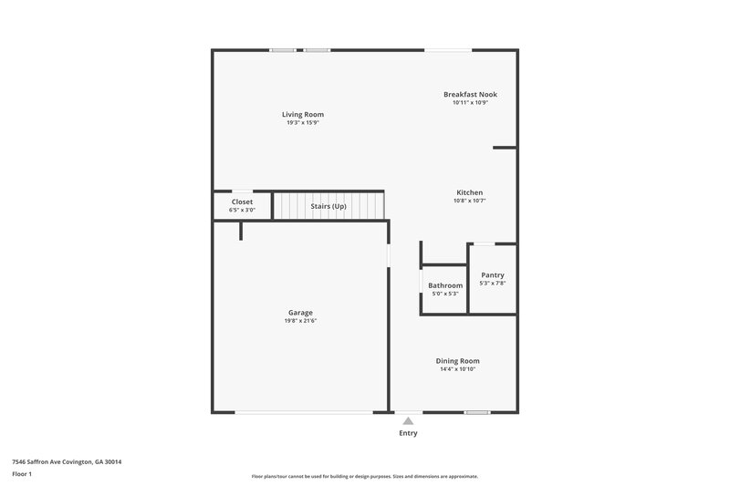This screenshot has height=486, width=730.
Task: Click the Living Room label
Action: click(x=302, y=114)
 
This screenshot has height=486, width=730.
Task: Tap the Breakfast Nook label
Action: click(x=470, y=94)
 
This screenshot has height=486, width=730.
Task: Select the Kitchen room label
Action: click(x=469, y=192)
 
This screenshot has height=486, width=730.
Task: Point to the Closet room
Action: click(x=242, y=205)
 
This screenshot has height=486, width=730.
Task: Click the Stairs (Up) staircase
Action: click(x=328, y=206)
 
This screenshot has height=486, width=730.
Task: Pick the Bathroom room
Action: click(x=444, y=288)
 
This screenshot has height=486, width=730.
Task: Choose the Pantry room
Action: click(x=493, y=278)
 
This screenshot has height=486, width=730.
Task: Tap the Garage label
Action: click(x=301, y=313)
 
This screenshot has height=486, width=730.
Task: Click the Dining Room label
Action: click(x=457, y=360)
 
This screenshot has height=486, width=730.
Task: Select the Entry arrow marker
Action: click(x=408, y=420)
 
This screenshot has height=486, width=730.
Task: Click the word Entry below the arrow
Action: click(x=408, y=433)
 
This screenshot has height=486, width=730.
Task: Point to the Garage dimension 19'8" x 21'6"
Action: click(x=301, y=321)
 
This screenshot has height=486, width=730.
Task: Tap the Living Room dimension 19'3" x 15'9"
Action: click(x=302, y=122)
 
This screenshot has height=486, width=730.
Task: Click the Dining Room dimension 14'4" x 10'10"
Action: click(x=457, y=368)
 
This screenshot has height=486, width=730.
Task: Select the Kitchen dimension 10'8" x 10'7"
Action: click(x=469, y=201)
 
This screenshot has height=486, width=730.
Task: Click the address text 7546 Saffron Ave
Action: click(x=67, y=461)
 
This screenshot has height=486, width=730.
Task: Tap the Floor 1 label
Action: click(x=23, y=474)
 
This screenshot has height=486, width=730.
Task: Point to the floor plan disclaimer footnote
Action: click(x=364, y=476)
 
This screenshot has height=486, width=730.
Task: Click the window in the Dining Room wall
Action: click(x=476, y=413)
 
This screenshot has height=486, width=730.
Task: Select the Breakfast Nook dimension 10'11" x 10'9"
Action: click(x=470, y=102)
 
